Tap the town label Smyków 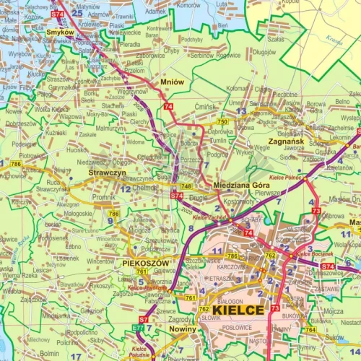pyautogui.click(x=59, y=32)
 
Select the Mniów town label pyautogui.click(x=174, y=82)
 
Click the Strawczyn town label pyautogui.click(x=108, y=173)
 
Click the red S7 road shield pyautogui.click(x=143, y=318)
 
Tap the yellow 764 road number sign pyautogui.click(x=310, y=329)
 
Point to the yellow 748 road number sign pyautogui.click(x=186, y=186)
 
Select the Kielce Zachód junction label pyautogui.click(x=209, y=217)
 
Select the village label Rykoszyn pyautogui.click(x=102, y=285)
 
